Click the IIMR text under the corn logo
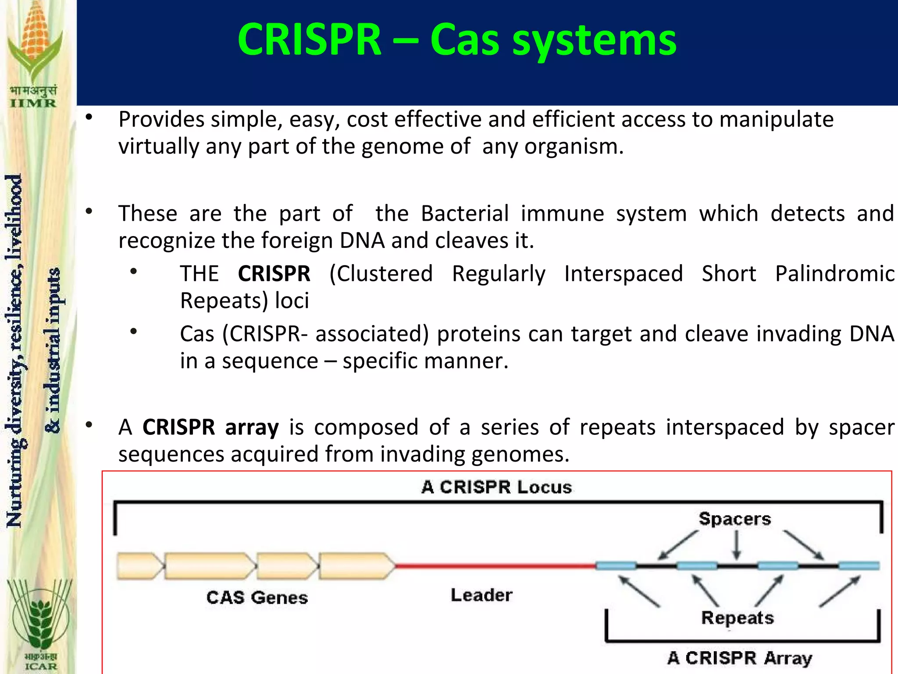point(33,104)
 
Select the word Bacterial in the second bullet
point(464,214)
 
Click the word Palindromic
point(834,274)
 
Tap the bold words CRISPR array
point(210,427)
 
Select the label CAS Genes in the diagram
point(257,598)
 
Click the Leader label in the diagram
point(481,595)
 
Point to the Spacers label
point(734,519)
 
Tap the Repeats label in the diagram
point(737,618)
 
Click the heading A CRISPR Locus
point(496,488)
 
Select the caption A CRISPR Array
point(739,658)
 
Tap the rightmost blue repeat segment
point(859,566)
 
